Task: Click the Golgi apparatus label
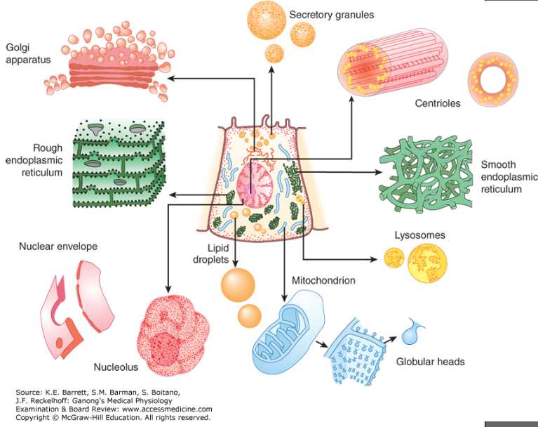pyautogui.click(x=28, y=53)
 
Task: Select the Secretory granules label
pyautogui.click(x=332, y=14)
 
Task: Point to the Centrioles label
pyautogui.click(x=438, y=103)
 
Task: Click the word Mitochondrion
pyautogui.click(x=325, y=280)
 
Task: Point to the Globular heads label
pyautogui.click(x=430, y=362)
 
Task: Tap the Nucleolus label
pyautogui.click(x=116, y=367)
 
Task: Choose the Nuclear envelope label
pyautogui.click(x=58, y=247)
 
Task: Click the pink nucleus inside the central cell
pyautogui.click(x=254, y=189)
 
